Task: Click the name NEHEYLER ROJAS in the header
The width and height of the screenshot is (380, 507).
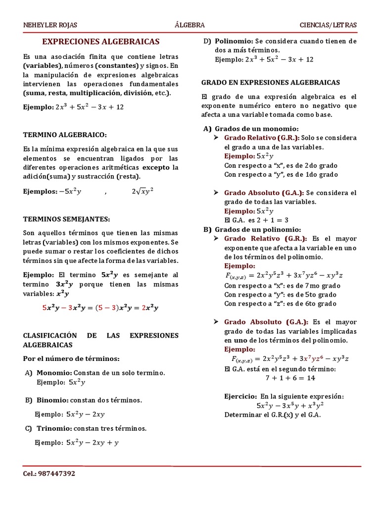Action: pos(50,25)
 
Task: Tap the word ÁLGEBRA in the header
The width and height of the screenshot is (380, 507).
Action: pos(190,25)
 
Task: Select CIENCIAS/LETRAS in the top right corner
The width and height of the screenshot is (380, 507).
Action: pos(328,25)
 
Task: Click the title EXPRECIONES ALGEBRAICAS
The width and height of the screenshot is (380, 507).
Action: pos(100,42)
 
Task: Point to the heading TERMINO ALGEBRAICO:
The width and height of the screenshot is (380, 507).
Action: pos(65,134)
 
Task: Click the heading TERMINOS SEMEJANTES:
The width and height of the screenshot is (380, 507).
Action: pos(67,219)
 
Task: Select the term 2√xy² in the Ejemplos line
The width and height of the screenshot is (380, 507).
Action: pos(142,191)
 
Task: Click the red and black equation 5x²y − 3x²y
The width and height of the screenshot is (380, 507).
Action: pos(100,307)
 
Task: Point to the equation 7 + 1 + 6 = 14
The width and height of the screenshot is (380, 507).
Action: pos(290,378)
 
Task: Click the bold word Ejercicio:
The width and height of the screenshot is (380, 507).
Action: pos(240,397)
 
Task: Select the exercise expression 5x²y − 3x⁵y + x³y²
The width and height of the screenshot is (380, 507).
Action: pos(290,406)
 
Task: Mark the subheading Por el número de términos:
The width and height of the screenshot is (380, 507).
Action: pos(71,358)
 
